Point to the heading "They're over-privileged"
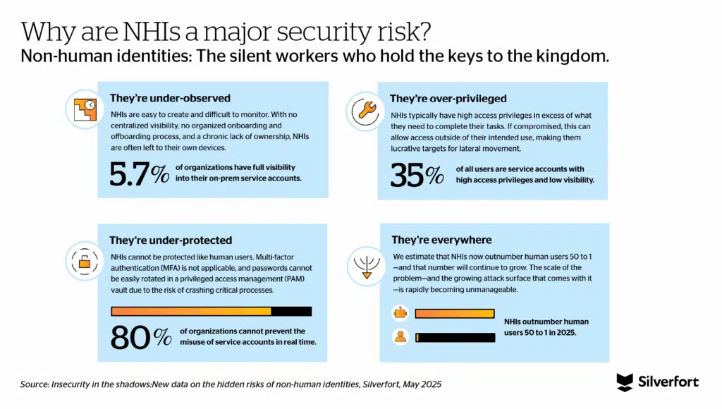(448, 99)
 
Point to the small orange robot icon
(400, 312)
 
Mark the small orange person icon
(400, 336)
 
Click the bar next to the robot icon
(454, 313)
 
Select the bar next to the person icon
(454, 337)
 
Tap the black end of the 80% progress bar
(290, 311)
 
